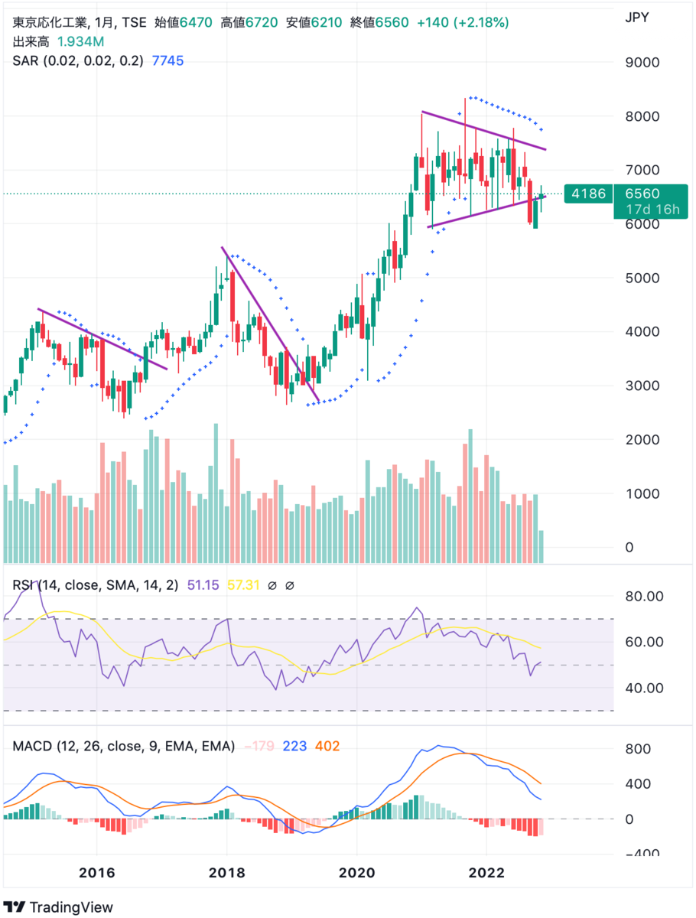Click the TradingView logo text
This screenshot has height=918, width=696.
[70, 907]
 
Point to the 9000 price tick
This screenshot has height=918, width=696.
[643, 63]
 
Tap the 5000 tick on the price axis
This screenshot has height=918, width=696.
[643, 278]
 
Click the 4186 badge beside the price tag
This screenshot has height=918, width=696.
[588, 194]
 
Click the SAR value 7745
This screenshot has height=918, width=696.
[167, 61]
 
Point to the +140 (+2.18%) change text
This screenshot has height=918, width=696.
[462, 23]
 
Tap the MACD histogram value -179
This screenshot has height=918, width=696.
[257, 746]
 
